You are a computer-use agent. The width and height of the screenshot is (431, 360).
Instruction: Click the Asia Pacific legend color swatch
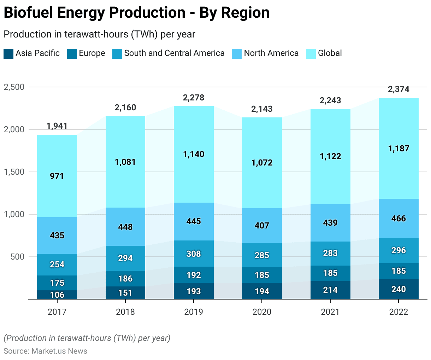[x=8, y=54]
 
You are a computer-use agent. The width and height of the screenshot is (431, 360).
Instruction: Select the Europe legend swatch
[x=72, y=54]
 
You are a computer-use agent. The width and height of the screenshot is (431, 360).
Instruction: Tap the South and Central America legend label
[x=174, y=53]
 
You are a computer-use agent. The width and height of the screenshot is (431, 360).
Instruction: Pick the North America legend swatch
[x=237, y=54]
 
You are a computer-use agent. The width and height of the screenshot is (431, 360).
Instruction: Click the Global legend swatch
[x=311, y=54]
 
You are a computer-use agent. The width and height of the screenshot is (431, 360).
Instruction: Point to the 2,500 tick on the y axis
[x=14, y=87]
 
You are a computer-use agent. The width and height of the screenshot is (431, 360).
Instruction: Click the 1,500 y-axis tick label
[x=14, y=172]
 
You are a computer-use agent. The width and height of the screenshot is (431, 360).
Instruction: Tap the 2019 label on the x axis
[x=193, y=312]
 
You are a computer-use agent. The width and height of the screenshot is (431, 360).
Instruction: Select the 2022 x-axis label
[x=398, y=312]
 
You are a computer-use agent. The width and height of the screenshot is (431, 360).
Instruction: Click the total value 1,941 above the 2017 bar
[x=57, y=126]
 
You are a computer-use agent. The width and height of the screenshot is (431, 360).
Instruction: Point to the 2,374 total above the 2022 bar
[x=398, y=89]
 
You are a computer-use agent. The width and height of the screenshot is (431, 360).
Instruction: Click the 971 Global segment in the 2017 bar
[x=57, y=176]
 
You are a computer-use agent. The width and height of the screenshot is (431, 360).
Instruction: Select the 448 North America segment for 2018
[x=125, y=227]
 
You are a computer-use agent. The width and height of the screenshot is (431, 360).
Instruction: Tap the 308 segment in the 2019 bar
[x=194, y=254]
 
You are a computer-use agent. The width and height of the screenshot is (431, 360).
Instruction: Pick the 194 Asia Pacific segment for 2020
[x=262, y=291]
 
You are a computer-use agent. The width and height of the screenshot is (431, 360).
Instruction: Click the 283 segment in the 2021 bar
[x=330, y=254]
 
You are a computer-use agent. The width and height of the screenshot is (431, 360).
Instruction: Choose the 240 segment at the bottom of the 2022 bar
[x=398, y=289]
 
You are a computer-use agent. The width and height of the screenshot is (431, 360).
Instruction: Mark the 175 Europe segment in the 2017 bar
[x=57, y=283]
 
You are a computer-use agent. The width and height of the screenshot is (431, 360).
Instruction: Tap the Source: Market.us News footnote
[x=46, y=351]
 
